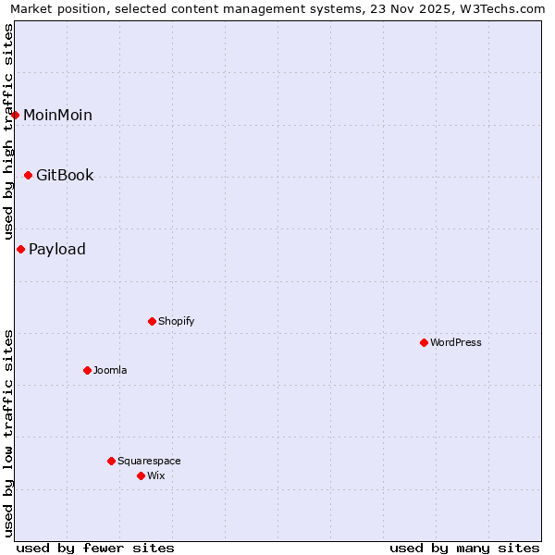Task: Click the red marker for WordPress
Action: click(x=424, y=342)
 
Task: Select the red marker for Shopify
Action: click(x=152, y=321)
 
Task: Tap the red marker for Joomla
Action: click(x=87, y=370)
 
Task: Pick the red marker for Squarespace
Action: click(x=111, y=461)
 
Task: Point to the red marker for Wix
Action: click(x=141, y=475)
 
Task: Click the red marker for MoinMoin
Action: click(x=16, y=115)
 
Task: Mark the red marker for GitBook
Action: click(x=28, y=175)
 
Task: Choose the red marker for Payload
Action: click(x=20, y=249)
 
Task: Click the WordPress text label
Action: click(x=456, y=342)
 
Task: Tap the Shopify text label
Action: click(x=177, y=321)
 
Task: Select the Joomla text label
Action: click(x=110, y=370)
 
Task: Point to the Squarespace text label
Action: click(x=149, y=461)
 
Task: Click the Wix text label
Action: click(x=156, y=475)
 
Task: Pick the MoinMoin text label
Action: click(x=57, y=116)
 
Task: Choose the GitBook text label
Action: click(x=65, y=176)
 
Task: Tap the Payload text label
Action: click(x=57, y=250)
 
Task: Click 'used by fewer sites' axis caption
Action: click(x=95, y=548)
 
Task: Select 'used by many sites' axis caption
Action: click(x=464, y=548)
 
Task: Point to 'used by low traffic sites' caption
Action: click(x=9, y=433)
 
